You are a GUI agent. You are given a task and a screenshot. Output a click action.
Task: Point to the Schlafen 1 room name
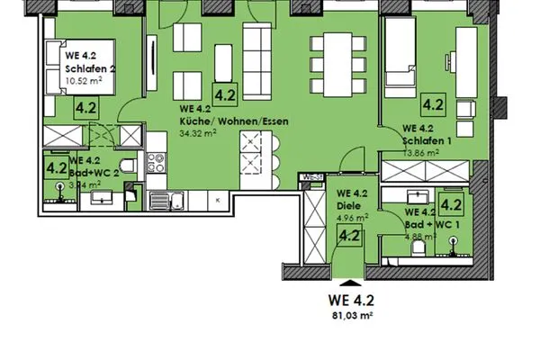pos(427,140)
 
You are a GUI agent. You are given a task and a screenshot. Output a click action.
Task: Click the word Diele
pos(347,205)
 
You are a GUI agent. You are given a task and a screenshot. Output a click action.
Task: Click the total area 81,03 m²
pos(351,316)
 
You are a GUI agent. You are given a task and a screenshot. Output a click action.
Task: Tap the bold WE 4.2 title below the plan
pos(351,300)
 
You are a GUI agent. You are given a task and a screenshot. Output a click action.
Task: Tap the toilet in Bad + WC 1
pos(453,239)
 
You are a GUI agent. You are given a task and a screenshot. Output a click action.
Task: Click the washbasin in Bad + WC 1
pos(416,195)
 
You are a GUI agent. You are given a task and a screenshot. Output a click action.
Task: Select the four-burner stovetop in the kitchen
pos(156,166)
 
